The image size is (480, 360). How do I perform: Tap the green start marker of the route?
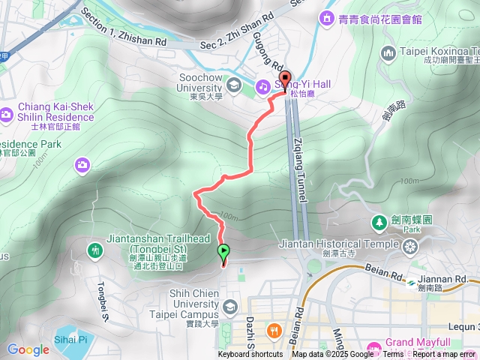223,252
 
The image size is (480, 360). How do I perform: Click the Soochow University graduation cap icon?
234,84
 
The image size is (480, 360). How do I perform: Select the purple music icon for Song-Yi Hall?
263,86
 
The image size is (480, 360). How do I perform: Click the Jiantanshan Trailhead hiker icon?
95,250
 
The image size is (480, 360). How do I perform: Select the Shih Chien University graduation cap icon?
229,306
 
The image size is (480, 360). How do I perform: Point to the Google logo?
28,349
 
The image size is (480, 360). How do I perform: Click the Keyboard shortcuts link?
250,355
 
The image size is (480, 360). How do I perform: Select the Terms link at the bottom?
392,355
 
